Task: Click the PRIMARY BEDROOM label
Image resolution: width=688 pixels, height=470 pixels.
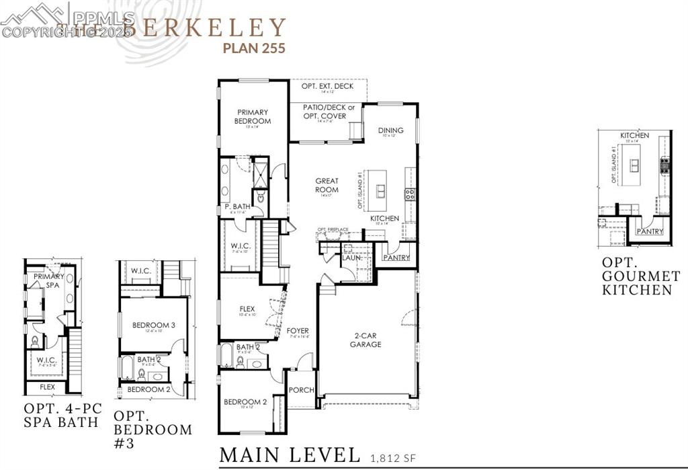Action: (x=252, y=116)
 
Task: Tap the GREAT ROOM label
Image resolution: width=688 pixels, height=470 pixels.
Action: (x=327, y=185)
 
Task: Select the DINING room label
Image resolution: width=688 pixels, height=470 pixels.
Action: (x=390, y=130)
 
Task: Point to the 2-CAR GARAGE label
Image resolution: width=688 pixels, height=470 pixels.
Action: (x=365, y=340)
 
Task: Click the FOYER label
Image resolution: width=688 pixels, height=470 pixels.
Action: (x=298, y=331)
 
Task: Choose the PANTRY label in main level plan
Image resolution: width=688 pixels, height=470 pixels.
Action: (x=396, y=257)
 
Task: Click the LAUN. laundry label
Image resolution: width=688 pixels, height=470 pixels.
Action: (x=352, y=258)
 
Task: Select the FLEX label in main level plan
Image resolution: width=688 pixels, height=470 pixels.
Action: (x=247, y=310)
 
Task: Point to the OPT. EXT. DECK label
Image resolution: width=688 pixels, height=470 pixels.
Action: (x=328, y=86)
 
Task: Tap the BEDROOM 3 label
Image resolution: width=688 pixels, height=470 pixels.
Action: (x=154, y=325)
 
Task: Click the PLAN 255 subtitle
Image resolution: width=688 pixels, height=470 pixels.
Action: (x=255, y=48)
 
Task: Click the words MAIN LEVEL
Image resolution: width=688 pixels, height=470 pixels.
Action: (x=290, y=455)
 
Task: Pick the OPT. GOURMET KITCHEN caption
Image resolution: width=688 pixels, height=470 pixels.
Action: (x=636, y=276)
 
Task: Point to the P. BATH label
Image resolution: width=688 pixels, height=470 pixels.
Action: (x=237, y=206)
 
